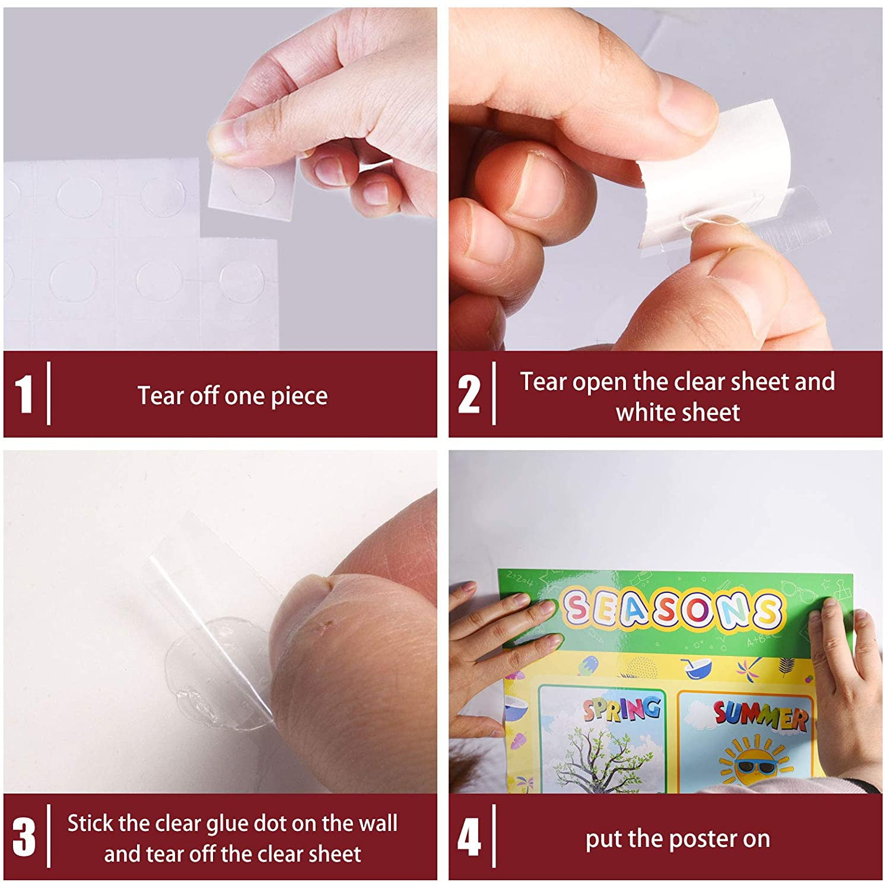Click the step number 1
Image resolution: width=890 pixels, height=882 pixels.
point(23,394)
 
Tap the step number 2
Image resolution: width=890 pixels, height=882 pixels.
point(469,394)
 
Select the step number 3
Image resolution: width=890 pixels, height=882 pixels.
point(24,837)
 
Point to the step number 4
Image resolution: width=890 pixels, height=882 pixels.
point(469,837)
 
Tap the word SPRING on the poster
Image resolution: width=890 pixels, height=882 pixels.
point(621,709)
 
